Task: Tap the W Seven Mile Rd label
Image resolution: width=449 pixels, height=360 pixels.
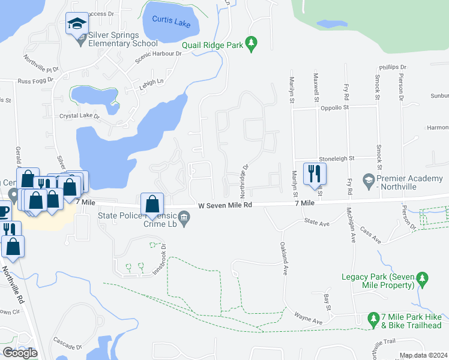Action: coord(225,205)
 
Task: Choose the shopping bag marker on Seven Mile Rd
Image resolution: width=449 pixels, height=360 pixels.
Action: coord(152,204)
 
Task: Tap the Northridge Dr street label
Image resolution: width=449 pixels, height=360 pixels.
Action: coord(244,181)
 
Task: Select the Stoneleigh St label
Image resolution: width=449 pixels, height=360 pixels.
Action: coord(337,158)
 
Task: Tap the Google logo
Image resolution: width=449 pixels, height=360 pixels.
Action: coord(20,353)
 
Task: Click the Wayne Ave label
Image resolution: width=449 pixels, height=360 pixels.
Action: coord(309,318)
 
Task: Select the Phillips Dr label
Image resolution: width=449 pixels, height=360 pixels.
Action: coord(393,68)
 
